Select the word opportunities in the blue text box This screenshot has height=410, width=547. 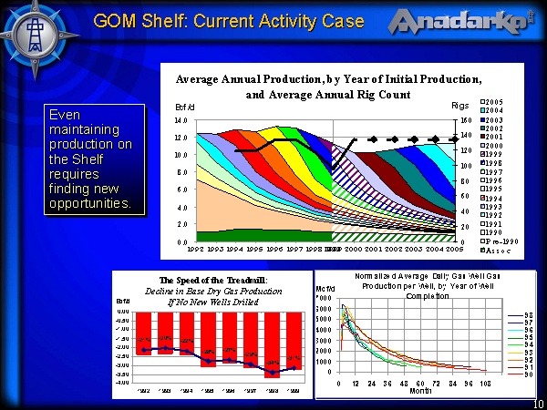[x=89, y=203]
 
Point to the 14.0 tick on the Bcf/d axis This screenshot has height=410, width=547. [x=181, y=120]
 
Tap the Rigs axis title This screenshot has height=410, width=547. [x=460, y=106]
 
